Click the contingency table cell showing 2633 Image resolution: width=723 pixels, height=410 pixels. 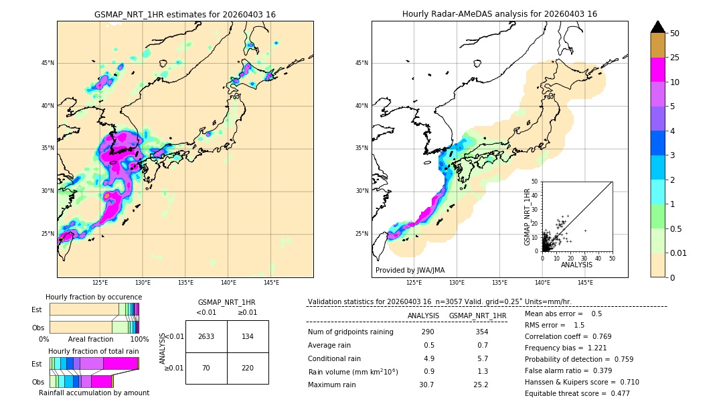click(x=206, y=336)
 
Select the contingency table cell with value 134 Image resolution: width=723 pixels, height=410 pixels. click(x=248, y=336)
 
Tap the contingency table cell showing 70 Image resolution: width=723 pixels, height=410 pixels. click(x=206, y=368)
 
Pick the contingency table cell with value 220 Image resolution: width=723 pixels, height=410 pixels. click(x=248, y=368)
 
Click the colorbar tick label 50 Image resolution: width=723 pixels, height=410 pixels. click(x=675, y=33)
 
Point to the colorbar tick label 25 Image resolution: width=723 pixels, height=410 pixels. click(x=675, y=58)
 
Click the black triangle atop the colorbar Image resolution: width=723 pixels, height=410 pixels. click(x=658, y=27)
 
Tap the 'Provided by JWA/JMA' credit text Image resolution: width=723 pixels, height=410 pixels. click(x=410, y=271)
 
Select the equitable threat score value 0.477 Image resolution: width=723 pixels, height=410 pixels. click(x=615, y=393)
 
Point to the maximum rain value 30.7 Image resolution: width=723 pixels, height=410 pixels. click(x=426, y=385)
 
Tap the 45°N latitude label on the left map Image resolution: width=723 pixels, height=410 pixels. click(x=48, y=64)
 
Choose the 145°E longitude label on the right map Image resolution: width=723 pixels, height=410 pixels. click(x=585, y=283)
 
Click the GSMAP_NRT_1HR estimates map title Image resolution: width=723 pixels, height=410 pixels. click(x=185, y=14)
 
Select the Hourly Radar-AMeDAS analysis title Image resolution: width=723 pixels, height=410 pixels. click(x=499, y=14)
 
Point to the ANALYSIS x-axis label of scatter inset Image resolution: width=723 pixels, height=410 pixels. click(x=577, y=265)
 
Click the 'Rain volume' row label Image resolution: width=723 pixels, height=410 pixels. click(x=353, y=371)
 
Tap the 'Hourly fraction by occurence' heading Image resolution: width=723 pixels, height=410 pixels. click(x=94, y=297)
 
